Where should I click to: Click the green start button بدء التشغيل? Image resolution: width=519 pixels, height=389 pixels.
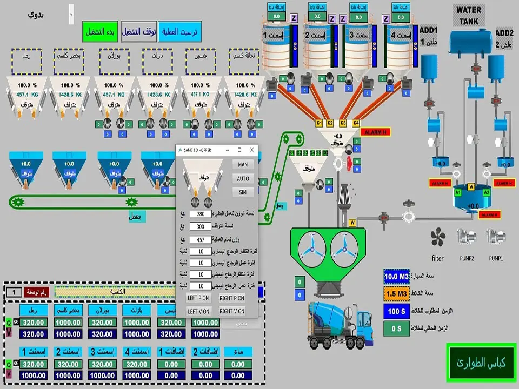tap(100, 32)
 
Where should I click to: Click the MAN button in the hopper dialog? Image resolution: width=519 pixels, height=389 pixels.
tap(243, 164)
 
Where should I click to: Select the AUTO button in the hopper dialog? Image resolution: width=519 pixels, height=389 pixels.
tap(243, 178)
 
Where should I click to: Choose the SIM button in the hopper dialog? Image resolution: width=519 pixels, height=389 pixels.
tap(243, 192)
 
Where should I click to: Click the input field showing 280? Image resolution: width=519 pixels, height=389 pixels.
tap(201, 214)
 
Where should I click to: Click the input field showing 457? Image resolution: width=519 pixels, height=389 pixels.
tap(201, 239)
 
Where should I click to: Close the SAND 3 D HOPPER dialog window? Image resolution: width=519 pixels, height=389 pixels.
tap(251, 150)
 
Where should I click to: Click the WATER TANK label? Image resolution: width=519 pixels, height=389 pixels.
tap(469, 15)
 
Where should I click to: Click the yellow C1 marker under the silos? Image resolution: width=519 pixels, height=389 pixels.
tap(319, 123)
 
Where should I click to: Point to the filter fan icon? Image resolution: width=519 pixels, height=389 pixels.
tap(437, 237)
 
